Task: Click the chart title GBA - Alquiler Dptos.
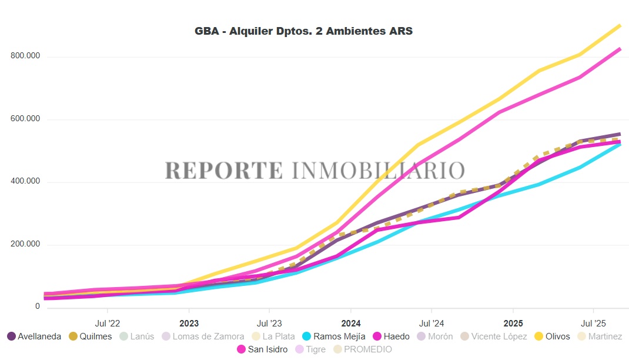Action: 303,31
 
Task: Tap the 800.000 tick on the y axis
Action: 25,56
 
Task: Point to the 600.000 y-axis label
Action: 25,119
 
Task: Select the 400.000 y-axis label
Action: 25,182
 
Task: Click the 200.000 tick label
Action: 25,244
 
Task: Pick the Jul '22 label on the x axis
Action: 107,323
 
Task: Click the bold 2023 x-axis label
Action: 189,323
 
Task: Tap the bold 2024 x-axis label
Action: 350,323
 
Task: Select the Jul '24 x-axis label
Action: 431,323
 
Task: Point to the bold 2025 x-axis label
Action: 513,323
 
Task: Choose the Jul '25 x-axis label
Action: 593,323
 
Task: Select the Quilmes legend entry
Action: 90,336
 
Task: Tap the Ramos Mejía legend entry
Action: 333,336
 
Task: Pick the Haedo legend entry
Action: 390,336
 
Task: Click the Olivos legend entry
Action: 551,336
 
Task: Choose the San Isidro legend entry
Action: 262,349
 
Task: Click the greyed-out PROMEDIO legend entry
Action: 362,349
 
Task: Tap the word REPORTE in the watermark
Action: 223,170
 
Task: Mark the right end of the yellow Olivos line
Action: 620,25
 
